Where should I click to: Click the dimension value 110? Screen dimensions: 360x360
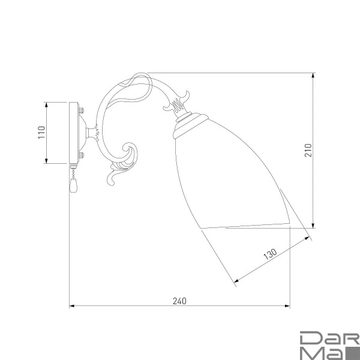point(41,133)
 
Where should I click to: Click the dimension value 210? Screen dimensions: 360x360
point(307,150)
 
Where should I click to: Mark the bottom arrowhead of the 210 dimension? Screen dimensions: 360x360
point(313,226)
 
